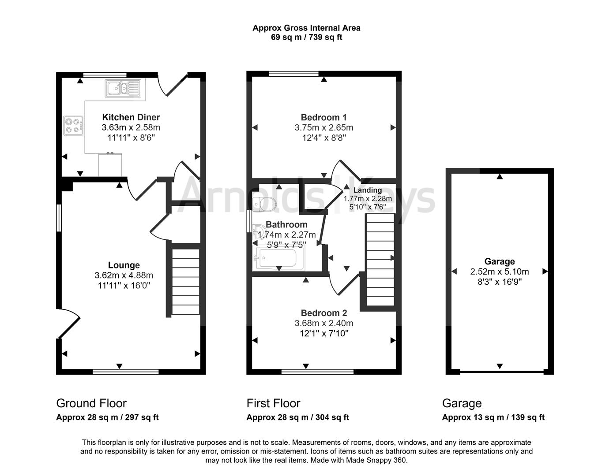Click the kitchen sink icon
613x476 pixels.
tap(123, 88)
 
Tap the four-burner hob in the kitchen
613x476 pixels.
tap(73, 126)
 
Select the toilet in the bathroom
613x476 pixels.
tap(264, 204)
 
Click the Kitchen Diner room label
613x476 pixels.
tap(131, 117)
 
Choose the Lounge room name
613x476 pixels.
tap(124, 265)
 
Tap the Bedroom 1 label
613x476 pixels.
tap(324, 117)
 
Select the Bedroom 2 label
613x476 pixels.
tap(324, 313)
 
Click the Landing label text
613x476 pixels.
tap(368, 190)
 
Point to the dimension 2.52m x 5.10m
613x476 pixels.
tap(500, 271)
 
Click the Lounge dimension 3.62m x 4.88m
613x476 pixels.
tap(124, 275)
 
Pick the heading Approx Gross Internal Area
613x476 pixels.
tap(306, 28)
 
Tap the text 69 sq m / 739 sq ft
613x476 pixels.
tap(306, 37)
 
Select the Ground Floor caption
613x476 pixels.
tap(91, 403)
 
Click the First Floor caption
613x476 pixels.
tap(273, 403)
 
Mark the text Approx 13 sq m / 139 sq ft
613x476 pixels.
tap(493, 417)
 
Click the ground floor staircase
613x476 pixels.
tap(186, 282)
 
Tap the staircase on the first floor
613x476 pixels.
tap(380, 260)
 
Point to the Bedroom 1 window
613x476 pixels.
tap(293, 74)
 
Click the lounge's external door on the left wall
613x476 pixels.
tap(68, 323)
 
